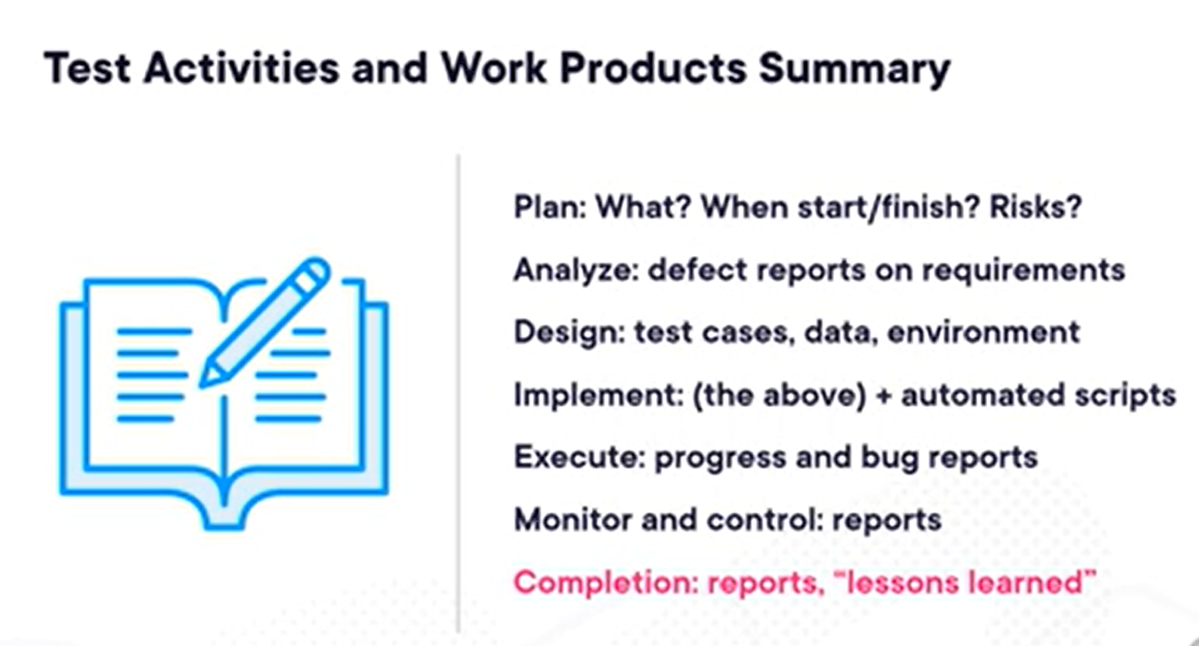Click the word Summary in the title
(855, 69)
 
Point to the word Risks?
(1035, 207)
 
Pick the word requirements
(1023, 271)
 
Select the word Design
(569, 333)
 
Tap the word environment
(983, 333)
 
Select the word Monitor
(572, 520)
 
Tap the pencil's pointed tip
(202, 384)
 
